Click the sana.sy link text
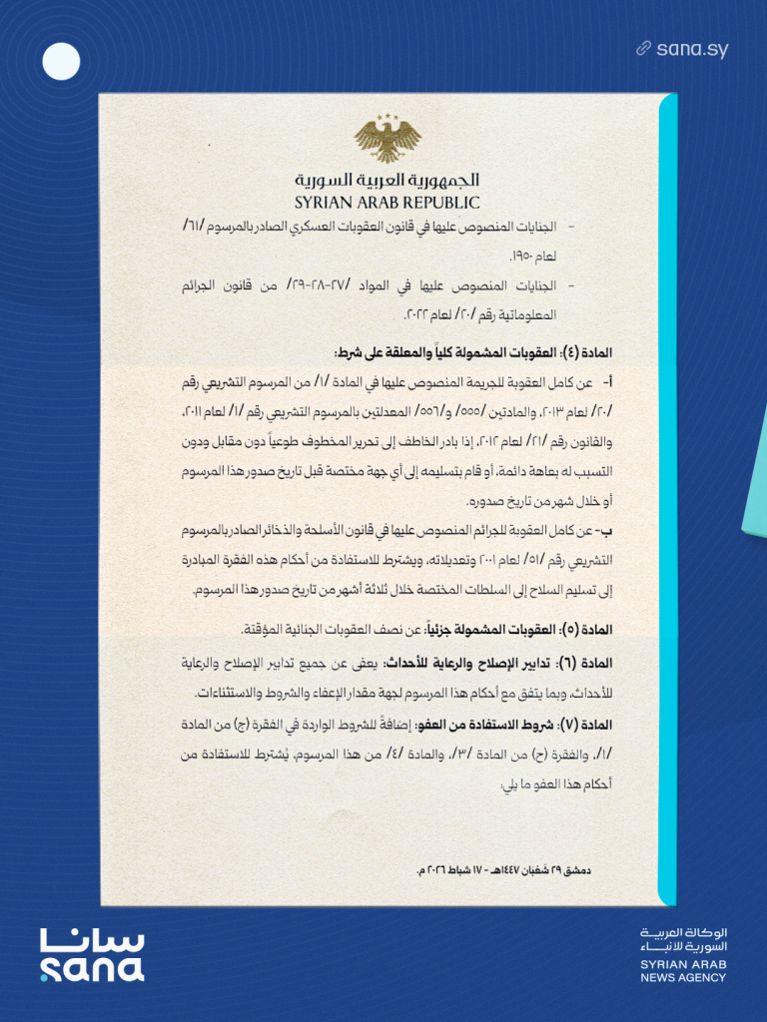692,48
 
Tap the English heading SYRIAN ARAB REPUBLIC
387,203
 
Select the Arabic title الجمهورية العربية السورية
387,181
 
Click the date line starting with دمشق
503,870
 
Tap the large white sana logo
92,955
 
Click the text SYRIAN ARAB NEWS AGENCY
684,971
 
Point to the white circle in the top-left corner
61,63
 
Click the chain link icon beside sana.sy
644,48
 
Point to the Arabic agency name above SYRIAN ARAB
684,938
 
